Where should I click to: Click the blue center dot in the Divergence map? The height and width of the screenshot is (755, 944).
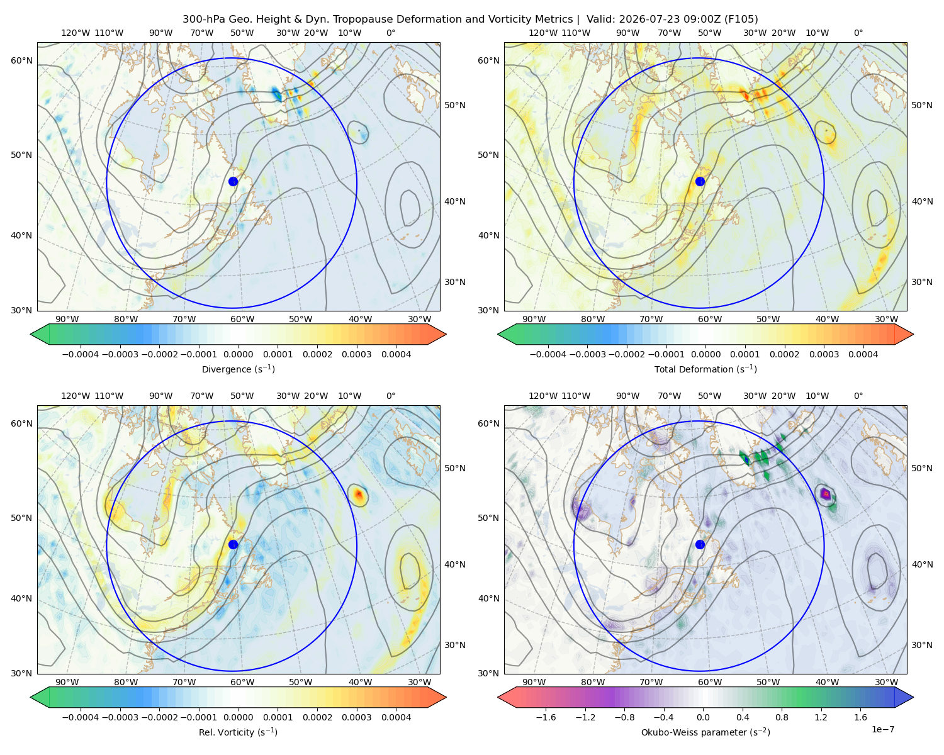[233, 182]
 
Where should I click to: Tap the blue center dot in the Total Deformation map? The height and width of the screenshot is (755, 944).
[700, 182]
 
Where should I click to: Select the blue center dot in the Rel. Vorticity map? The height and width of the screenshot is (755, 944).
[233, 544]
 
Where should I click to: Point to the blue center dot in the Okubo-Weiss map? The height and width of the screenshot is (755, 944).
[700, 544]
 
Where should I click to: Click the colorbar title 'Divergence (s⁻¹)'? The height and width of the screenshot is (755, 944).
[238, 369]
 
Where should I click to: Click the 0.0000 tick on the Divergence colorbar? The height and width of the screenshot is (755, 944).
[238, 354]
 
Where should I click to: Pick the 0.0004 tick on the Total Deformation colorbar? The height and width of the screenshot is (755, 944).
[863, 354]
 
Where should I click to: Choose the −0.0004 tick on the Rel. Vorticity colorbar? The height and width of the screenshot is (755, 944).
[81, 717]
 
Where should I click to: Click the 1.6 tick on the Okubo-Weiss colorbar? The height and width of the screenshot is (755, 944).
[860, 717]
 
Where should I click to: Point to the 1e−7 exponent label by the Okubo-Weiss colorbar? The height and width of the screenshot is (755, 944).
[882, 729]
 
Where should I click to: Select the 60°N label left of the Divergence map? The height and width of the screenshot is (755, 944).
[21, 60]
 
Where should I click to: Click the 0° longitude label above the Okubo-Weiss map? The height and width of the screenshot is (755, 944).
[858, 396]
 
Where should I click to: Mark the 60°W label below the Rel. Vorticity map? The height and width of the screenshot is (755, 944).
[242, 682]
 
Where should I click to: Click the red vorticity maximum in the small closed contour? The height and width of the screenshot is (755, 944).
[359, 495]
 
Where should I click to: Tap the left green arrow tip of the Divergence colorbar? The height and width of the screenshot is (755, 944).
[31, 334]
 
